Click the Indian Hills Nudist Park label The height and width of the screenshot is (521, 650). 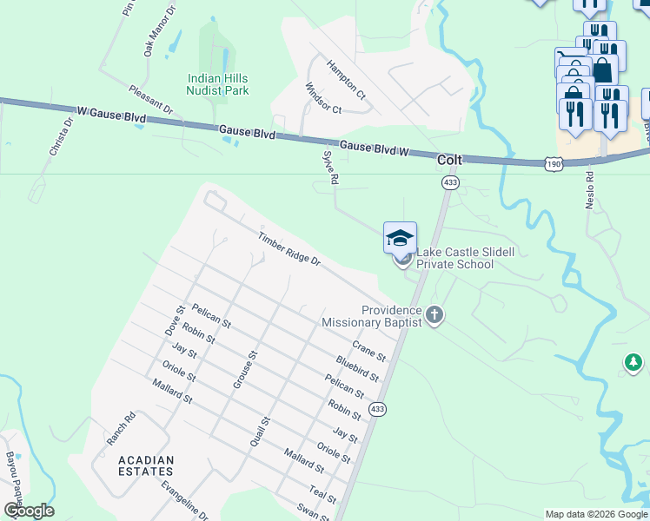tap(218, 84)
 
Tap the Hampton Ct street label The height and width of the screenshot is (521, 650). tap(346, 77)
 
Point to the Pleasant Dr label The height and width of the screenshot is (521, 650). tap(150, 100)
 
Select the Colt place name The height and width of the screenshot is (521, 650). tap(449, 160)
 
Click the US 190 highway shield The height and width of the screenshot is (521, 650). tap(554, 163)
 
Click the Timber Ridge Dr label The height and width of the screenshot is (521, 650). tap(289, 248)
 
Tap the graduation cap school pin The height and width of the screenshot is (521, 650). tap(400, 237)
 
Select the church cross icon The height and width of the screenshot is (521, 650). tap(434, 316)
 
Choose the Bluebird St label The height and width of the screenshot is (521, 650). tap(357, 368)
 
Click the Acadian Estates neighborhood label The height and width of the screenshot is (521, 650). tap(147, 465)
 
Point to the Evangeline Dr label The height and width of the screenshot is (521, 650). tap(185, 500)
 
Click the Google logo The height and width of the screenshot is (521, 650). tap(29, 511)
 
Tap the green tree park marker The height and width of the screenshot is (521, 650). tap(633, 362)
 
